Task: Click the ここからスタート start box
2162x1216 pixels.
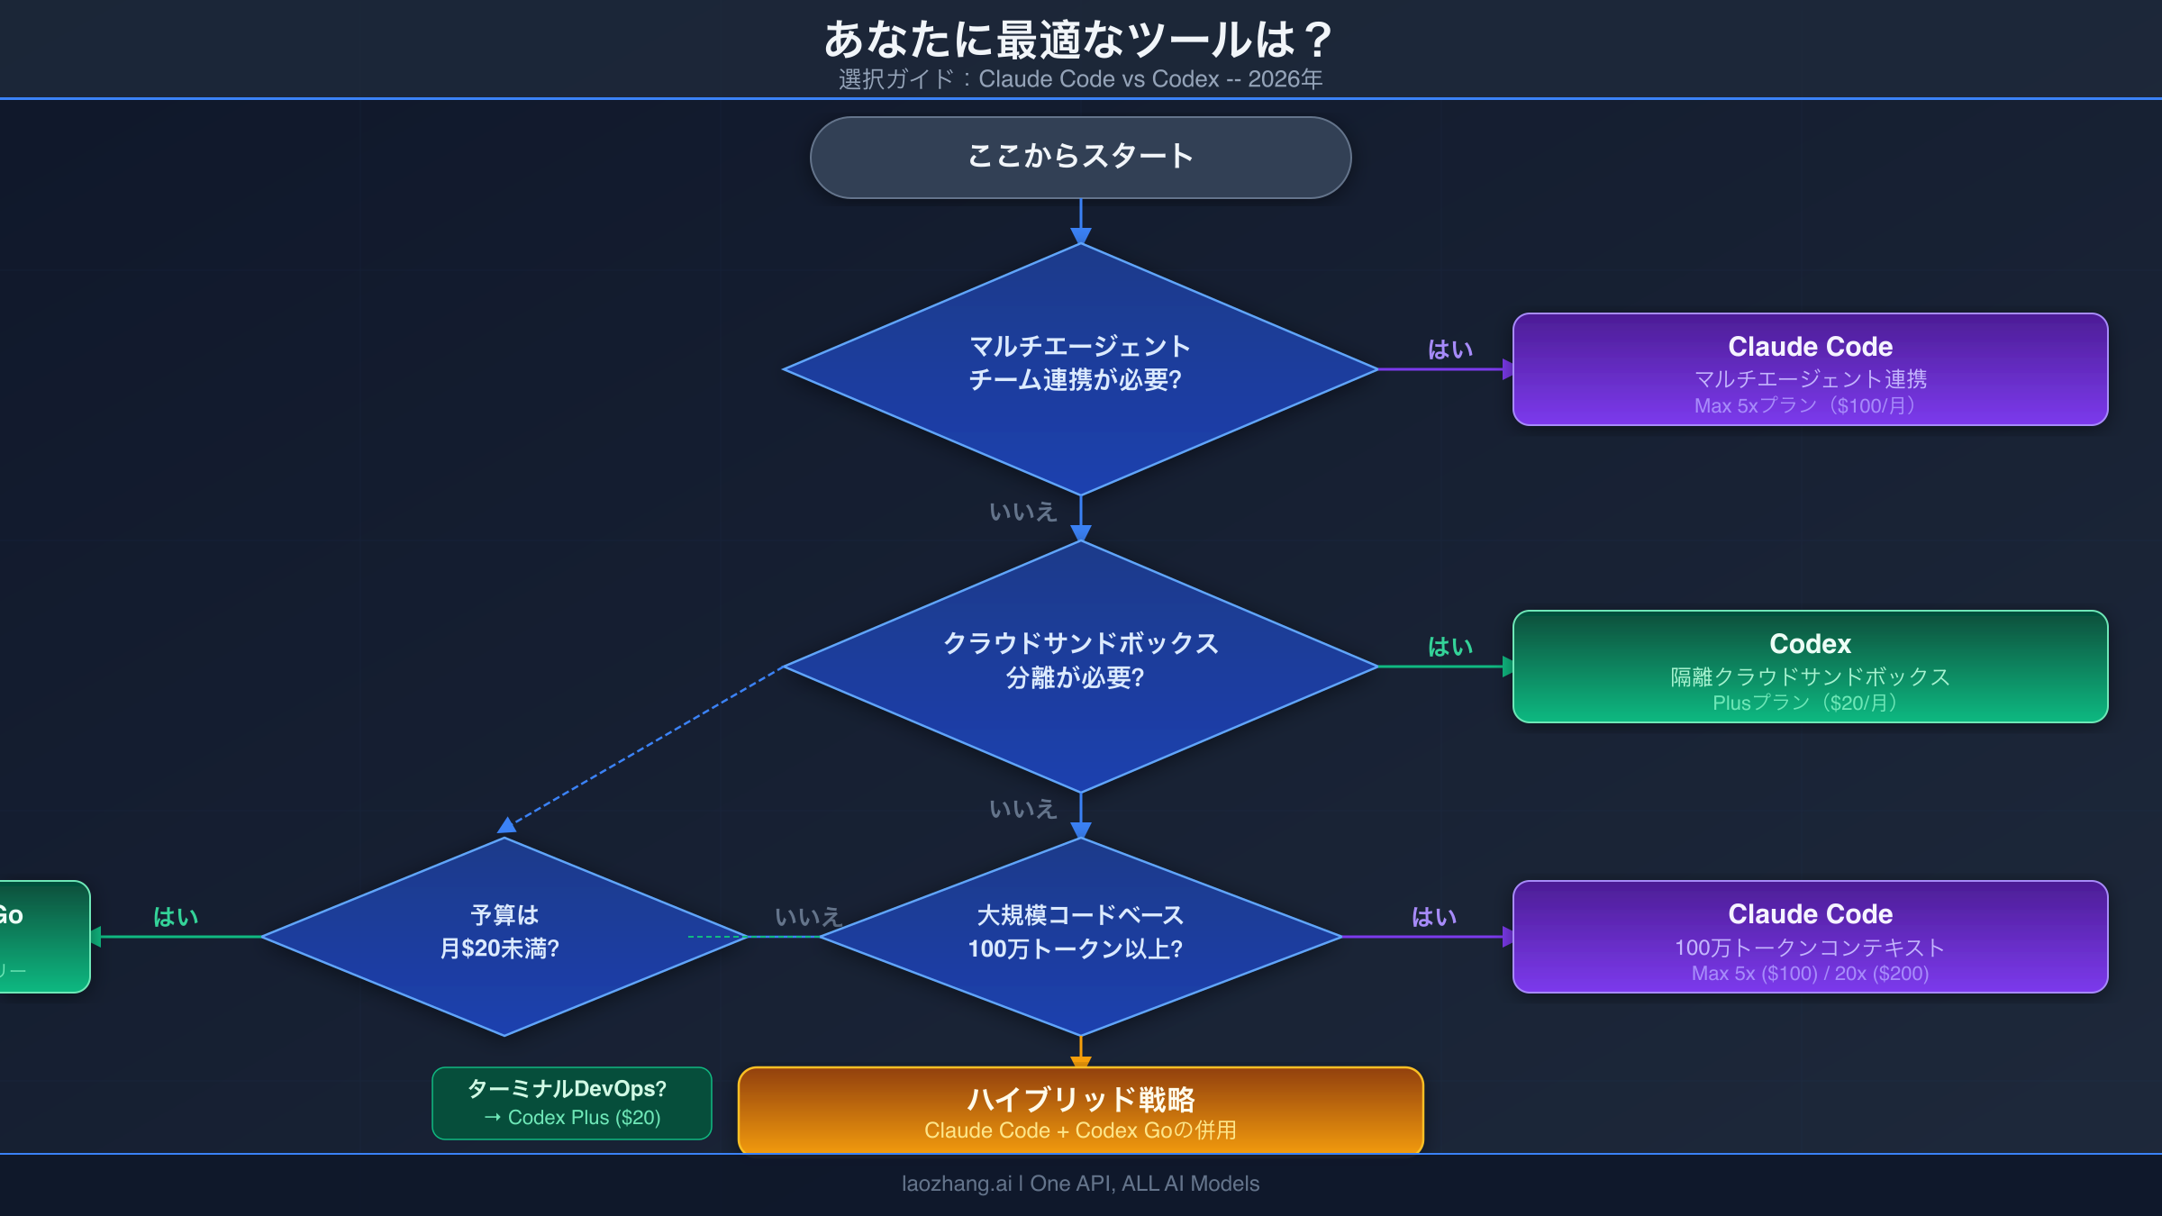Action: click(x=1080, y=157)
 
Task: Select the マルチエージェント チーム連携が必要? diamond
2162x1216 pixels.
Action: click(x=1080, y=369)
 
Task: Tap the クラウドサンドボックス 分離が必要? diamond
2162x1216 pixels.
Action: click(x=1080, y=667)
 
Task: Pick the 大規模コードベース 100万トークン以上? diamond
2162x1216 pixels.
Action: click(x=1080, y=937)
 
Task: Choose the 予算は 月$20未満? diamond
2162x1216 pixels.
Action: click(x=504, y=937)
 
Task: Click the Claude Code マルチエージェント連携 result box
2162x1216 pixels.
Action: click(x=1810, y=369)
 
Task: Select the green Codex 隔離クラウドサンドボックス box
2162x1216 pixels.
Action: click(x=1810, y=667)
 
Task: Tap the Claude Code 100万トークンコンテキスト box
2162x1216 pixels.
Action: click(x=1810, y=937)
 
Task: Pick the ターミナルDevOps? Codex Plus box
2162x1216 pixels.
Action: click(x=572, y=1103)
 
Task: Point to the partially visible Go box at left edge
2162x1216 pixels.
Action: click(x=41, y=937)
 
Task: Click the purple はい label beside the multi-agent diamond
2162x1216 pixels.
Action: click(x=1450, y=349)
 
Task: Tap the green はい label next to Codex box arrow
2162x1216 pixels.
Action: click(x=1450, y=647)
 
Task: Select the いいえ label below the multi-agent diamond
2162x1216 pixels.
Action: click(x=1022, y=512)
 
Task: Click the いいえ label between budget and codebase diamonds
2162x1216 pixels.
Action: click(x=808, y=917)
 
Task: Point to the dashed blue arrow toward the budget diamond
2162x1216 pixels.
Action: click(x=644, y=746)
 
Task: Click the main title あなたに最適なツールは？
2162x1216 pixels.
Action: click(x=1080, y=40)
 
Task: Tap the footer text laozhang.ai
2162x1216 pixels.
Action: click(x=1080, y=1184)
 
